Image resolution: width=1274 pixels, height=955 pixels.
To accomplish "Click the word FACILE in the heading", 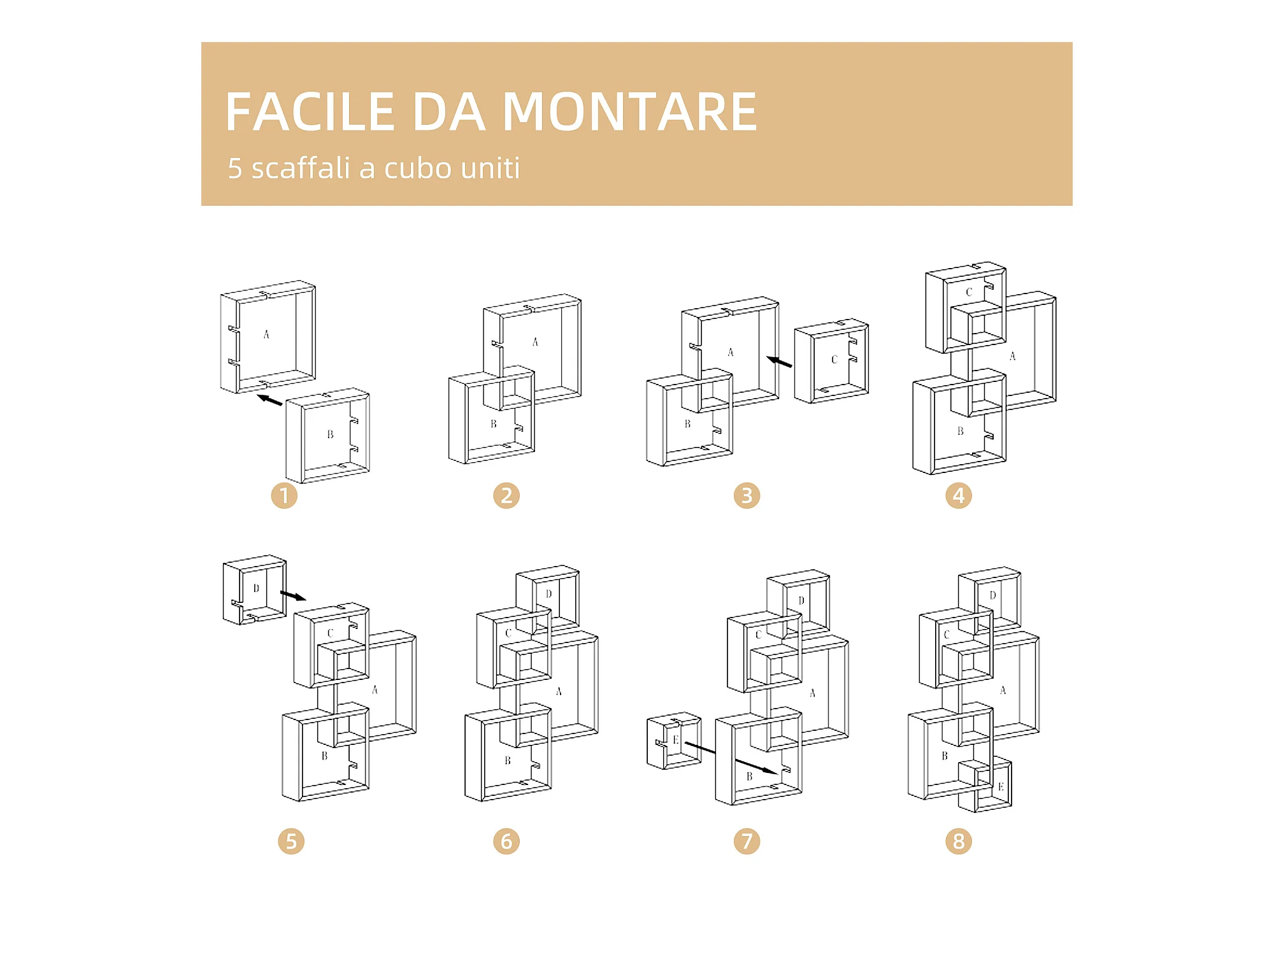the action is point(310,112).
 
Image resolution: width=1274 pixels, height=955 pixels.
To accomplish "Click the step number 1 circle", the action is point(284,495).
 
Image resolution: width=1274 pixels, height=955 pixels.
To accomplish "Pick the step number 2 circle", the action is point(506,495).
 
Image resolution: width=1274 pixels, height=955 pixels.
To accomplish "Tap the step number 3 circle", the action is point(747,495).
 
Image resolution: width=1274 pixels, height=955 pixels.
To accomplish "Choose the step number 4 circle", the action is point(958,495).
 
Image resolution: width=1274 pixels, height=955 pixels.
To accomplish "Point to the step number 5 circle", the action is point(291,841).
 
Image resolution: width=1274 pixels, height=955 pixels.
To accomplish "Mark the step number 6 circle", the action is point(506,841).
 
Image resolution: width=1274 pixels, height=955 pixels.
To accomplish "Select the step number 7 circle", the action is point(747,841).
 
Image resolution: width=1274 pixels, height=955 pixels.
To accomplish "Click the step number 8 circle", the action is point(958,841).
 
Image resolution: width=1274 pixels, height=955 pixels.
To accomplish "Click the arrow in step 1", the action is point(269,400).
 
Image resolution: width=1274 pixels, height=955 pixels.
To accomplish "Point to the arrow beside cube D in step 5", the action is point(293,596).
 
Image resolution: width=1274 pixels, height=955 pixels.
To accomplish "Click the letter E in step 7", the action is point(675,740).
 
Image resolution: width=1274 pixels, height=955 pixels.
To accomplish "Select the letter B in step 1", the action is point(330,434).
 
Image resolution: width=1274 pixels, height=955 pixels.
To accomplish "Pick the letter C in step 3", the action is point(834,360).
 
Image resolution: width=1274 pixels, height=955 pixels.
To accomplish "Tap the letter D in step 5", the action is point(256,588).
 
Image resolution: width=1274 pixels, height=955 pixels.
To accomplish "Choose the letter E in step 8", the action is point(1000,787).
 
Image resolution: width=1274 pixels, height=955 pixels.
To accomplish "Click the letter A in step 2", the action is point(535,342).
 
